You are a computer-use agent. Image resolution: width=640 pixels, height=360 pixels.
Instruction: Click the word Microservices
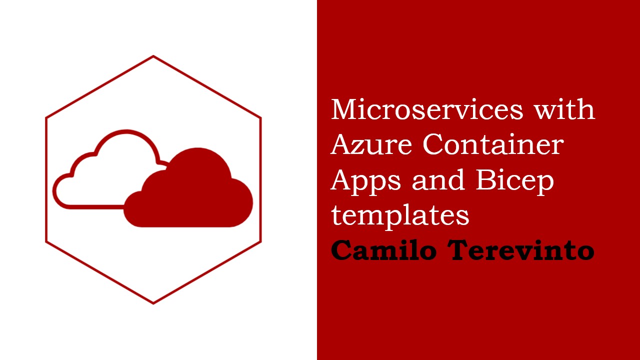coord(426,109)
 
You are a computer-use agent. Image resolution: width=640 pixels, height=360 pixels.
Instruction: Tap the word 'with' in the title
coord(564,109)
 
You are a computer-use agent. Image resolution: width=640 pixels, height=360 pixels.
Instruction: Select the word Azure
coord(371,144)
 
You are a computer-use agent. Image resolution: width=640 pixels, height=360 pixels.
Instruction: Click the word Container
coord(493,144)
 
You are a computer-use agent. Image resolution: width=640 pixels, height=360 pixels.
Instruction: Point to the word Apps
coord(366,181)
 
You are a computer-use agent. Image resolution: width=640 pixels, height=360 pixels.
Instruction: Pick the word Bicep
coord(515,181)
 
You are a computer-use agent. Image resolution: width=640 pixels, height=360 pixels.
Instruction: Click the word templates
coord(400,216)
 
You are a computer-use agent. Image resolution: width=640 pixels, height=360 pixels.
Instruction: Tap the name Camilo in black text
coord(383,250)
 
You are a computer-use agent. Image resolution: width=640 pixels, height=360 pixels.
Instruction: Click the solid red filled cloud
coord(188,194)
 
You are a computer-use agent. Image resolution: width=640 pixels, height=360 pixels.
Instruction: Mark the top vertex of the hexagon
coord(153,56)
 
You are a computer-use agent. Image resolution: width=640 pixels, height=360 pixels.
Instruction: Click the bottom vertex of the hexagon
coord(153,303)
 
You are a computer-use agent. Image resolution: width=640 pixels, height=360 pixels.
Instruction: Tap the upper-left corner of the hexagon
coord(46,117)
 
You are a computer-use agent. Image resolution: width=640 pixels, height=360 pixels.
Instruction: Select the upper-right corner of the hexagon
coord(260,117)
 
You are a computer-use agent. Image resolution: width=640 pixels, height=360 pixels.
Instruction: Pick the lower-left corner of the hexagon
coord(46,242)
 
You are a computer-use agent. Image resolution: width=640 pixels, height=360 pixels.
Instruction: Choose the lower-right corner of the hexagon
coord(260,242)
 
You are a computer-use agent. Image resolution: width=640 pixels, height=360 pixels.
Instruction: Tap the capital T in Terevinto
coord(457,250)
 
